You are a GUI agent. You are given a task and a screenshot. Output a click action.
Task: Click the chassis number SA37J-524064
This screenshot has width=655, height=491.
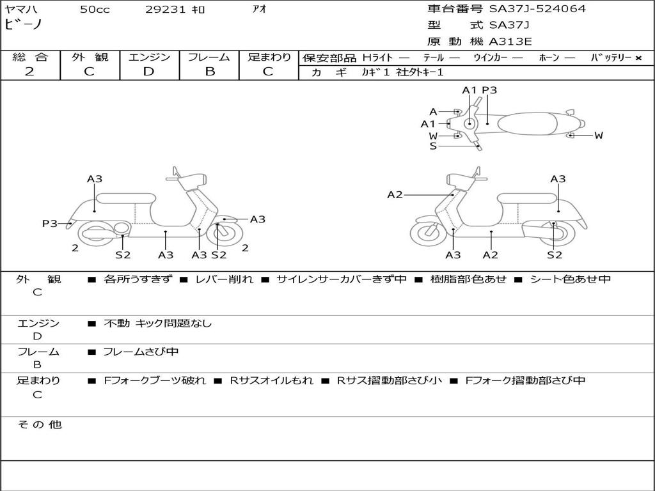pos(537,9)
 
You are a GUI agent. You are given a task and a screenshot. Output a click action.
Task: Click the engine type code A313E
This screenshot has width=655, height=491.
pos(510,42)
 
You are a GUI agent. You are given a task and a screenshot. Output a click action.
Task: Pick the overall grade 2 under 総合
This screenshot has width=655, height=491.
pos(29,72)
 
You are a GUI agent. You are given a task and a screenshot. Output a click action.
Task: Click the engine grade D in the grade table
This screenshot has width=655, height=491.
pos(148,72)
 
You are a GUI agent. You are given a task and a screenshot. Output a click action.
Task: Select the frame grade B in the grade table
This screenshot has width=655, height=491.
pos(209,72)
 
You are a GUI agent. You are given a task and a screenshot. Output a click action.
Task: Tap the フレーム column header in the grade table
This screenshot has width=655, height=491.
pos(209,58)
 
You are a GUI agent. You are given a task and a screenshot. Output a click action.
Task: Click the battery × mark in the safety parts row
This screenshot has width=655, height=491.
pos(638,58)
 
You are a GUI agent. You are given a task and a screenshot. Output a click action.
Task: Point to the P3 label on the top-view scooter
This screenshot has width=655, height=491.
pos(489,90)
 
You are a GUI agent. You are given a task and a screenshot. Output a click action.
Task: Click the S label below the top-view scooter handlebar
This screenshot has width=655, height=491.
pos(433,146)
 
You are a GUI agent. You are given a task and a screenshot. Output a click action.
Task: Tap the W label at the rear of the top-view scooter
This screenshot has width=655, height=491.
pos(599,135)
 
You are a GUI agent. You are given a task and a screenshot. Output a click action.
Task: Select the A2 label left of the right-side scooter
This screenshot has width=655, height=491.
pos(395,194)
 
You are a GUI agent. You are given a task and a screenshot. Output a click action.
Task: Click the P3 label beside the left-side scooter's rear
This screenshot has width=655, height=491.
pos(50,223)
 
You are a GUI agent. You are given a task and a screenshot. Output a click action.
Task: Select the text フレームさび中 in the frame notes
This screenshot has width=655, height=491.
pos(141,352)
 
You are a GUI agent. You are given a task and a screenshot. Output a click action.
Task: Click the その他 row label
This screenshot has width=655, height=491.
pos(39,425)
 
